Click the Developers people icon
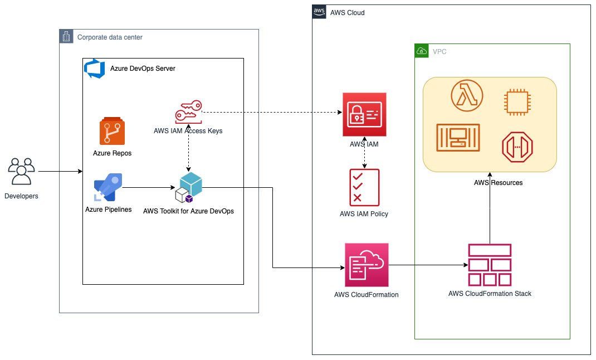tap(22, 172)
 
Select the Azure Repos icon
tap(112, 131)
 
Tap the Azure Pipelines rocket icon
tap(108, 187)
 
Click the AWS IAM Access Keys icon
tap(188, 112)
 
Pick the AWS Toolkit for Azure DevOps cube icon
tap(188, 187)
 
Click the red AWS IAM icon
tap(364, 114)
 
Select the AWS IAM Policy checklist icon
tap(364, 187)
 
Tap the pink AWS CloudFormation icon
tap(367, 265)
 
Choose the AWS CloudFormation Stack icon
tap(490, 265)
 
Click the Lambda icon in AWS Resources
tap(467, 95)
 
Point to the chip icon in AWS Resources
tap(517, 102)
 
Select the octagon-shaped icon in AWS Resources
tap(517, 147)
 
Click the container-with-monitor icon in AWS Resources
tap(458, 138)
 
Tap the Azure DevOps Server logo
tap(94, 69)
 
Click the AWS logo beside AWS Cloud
tap(319, 12)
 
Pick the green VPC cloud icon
tap(422, 51)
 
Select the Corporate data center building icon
tap(66, 36)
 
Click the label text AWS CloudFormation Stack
tap(490, 294)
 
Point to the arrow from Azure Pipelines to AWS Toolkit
tap(149, 187)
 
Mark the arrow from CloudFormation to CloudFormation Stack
tap(428, 265)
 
